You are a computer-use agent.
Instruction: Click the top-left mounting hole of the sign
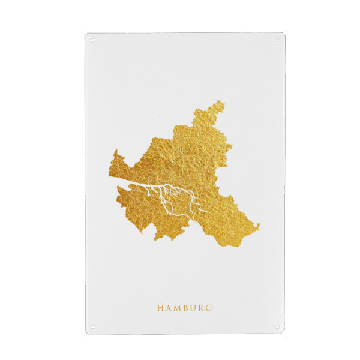pyautogui.click(x=92, y=41)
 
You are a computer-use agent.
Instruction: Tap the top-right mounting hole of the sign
pyautogui.click(x=277, y=41)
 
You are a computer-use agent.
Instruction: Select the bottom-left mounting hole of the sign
pyautogui.click(x=92, y=326)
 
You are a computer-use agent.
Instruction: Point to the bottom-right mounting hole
pyautogui.click(x=277, y=326)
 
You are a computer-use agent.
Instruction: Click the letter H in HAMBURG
pyautogui.click(x=160, y=308)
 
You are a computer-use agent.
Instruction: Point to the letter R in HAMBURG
pyautogui.click(x=201, y=308)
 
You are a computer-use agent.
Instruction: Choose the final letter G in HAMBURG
pyautogui.click(x=209, y=308)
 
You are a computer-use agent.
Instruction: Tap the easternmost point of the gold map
pyautogui.click(x=260, y=226)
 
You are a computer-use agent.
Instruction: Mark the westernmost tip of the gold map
pyautogui.click(x=109, y=174)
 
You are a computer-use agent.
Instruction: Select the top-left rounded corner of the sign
pyautogui.click(x=86, y=35)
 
